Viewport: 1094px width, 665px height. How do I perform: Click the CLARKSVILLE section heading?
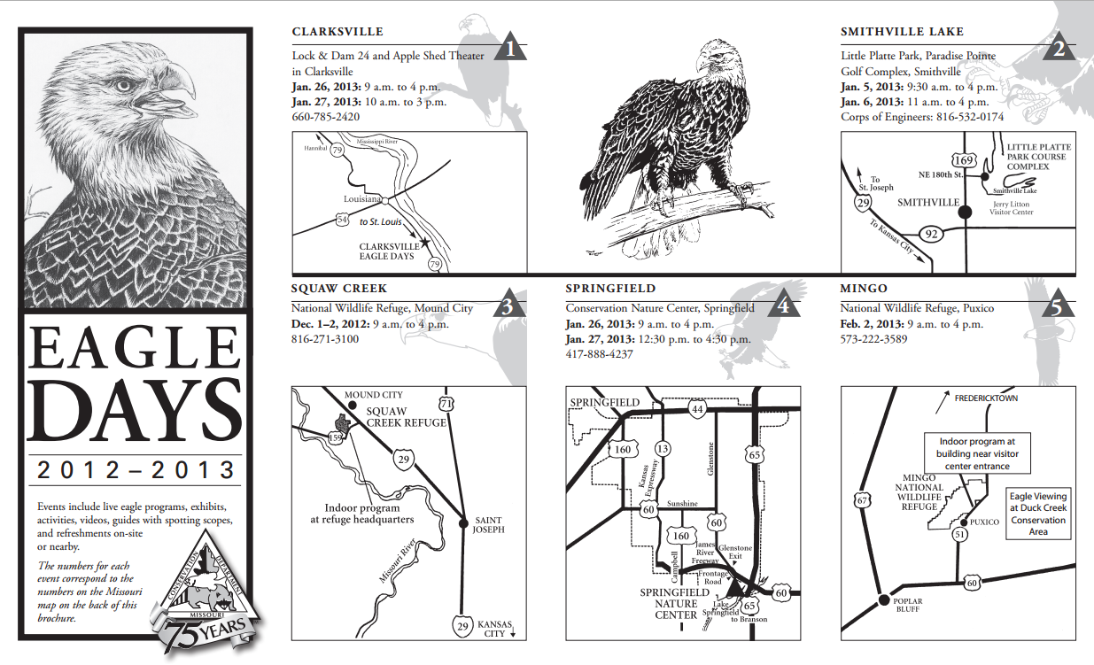[x=338, y=32]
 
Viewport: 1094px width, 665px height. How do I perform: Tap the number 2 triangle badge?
[x=1059, y=49]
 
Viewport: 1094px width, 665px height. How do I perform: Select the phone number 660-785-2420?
[x=326, y=116]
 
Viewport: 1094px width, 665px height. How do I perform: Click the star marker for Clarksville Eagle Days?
[x=425, y=242]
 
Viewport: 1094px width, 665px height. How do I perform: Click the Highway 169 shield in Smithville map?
[x=966, y=161]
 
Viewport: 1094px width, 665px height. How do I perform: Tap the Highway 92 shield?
[x=929, y=235]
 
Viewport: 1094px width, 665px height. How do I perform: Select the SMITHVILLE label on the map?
[x=928, y=203]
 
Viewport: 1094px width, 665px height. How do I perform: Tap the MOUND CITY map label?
[x=373, y=395]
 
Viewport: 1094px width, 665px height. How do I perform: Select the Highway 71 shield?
[x=446, y=405]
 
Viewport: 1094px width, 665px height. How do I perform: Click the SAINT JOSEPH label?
[x=490, y=525]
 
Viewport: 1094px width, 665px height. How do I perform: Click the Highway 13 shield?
[x=662, y=448]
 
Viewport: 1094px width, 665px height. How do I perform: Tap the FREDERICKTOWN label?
[x=986, y=398]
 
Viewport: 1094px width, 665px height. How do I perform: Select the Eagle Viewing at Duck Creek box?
[x=1038, y=514]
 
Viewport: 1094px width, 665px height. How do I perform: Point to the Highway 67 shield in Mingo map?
[x=863, y=501]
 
